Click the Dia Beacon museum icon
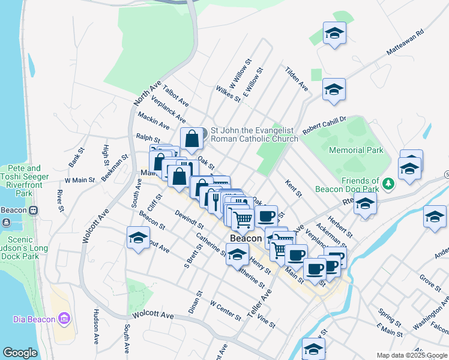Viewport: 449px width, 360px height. tap(65, 317)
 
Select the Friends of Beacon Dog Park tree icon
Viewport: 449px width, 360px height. tap(388, 182)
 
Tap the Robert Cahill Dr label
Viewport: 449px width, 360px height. tap(325, 125)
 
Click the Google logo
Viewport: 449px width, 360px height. tap(20, 353)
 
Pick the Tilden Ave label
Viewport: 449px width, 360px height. tap(297, 79)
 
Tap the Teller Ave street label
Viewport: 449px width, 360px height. tap(259, 304)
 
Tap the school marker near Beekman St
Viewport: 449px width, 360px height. tap(138, 238)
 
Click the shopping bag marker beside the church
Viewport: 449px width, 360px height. tap(191, 139)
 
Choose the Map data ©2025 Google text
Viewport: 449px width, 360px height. tap(411, 355)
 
